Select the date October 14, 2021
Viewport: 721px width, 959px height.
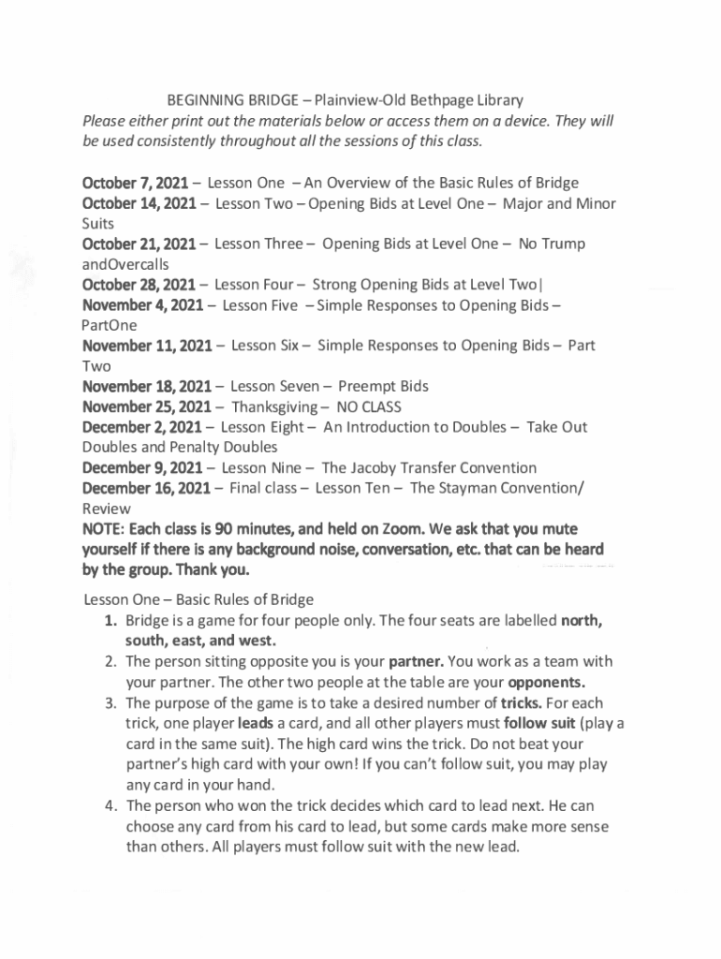[140, 203]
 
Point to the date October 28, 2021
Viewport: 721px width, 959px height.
[140, 285]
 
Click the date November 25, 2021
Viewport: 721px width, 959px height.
[148, 406]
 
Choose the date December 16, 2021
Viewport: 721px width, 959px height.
[148, 488]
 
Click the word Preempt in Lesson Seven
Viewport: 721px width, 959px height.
[368, 386]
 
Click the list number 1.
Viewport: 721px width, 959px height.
[110, 620]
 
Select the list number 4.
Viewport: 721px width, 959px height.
[110, 805]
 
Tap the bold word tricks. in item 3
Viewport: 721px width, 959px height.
[524, 702]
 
